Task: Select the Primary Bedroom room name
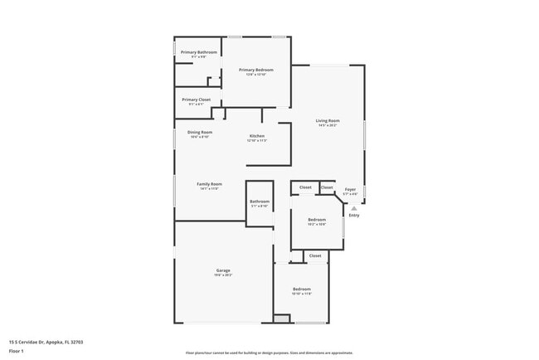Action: (x=256, y=70)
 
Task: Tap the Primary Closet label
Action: (x=197, y=100)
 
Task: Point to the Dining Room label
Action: (x=200, y=133)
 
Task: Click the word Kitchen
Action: (x=257, y=136)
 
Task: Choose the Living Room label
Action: (x=327, y=121)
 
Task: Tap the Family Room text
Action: (x=209, y=183)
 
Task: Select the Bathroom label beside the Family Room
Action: (x=260, y=202)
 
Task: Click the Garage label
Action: (x=223, y=270)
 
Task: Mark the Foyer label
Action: (x=351, y=189)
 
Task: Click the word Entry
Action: (x=354, y=216)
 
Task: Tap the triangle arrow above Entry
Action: (x=353, y=208)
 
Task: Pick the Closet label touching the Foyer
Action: (x=327, y=187)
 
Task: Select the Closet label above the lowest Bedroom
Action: (x=315, y=255)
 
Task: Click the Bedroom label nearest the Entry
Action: (x=317, y=219)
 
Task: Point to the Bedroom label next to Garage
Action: (x=301, y=289)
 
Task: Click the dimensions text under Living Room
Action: (x=327, y=125)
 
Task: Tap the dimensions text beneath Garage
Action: (x=223, y=275)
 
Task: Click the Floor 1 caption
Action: (x=17, y=351)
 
